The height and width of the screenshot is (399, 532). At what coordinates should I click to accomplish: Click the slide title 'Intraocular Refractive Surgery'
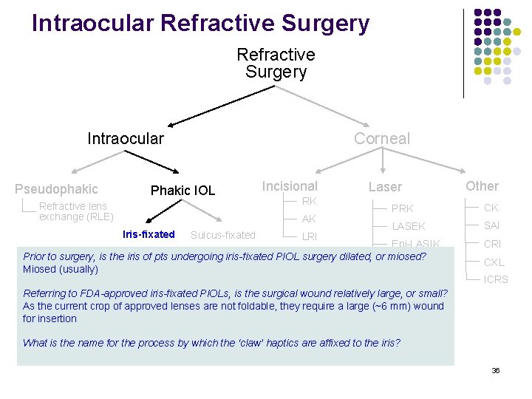pos(200,23)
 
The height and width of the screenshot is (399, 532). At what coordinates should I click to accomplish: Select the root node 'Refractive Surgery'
pos(276,64)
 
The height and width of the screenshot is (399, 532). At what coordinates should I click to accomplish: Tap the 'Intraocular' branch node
pos(126,138)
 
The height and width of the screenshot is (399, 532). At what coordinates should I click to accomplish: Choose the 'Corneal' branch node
pos(381,138)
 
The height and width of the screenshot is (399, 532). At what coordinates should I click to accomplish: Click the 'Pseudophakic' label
pos(56,189)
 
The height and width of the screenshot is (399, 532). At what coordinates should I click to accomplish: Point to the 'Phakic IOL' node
pos(183,191)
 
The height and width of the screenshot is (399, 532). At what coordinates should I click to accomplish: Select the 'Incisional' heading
pos(290,186)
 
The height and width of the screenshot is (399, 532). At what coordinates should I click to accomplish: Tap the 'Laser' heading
pos(385,188)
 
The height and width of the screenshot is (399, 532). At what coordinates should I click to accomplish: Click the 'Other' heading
pos(482,186)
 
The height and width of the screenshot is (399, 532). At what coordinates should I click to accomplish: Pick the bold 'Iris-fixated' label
pos(149,234)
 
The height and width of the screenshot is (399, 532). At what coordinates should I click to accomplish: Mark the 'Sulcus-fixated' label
pos(222,235)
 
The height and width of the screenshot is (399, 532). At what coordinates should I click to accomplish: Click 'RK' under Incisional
pos(309,201)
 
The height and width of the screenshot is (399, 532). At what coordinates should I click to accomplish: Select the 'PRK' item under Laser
pos(402,208)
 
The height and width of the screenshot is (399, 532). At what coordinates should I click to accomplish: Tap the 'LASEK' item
pos(408,226)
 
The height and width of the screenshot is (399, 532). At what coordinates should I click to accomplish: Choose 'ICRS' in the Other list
pos(496,279)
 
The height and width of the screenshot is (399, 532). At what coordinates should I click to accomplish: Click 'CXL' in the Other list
pos(494,262)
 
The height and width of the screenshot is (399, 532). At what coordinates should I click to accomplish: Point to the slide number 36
pos(496,370)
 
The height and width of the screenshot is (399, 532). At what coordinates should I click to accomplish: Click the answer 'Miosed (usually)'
pos(61,269)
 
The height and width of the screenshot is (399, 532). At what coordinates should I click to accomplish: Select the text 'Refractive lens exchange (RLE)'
pos(75,211)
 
